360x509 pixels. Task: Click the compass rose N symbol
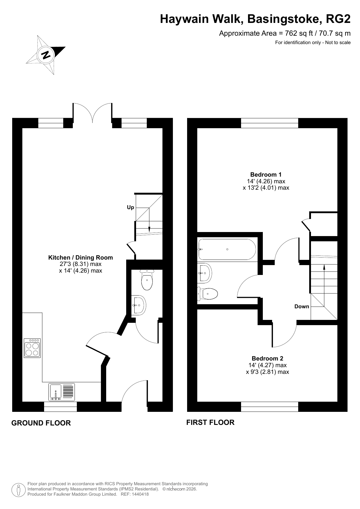point(46,55)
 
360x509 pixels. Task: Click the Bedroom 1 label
point(266,175)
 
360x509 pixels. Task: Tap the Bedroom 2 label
point(267,358)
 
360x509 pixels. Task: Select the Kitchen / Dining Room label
point(80,258)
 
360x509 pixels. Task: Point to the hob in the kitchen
point(32,348)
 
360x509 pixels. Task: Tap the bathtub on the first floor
point(227,249)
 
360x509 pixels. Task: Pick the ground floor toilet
point(147,280)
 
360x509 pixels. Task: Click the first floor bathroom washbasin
point(205,273)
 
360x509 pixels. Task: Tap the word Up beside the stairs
point(131,207)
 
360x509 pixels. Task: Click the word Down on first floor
point(302,307)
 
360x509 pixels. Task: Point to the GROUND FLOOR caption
point(41,423)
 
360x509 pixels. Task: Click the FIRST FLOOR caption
point(210,422)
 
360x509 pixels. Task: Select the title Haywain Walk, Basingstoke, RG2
point(255,19)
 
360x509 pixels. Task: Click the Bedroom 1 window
point(269,123)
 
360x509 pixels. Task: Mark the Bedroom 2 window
point(269,407)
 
